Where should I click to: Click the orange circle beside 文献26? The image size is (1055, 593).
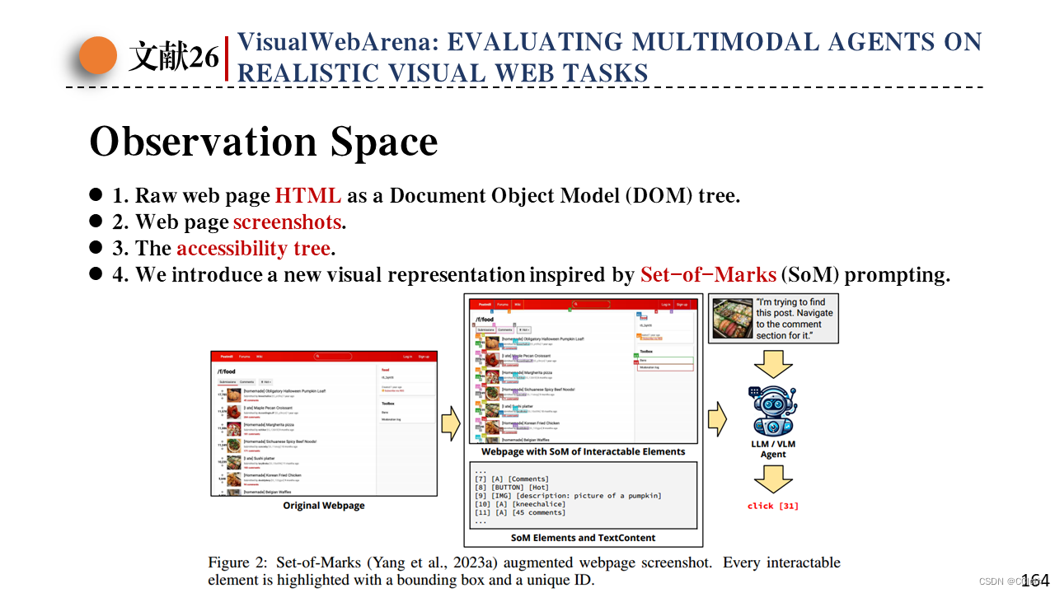pyautogui.click(x=98, y=57)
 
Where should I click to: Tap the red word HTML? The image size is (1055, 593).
pyautogui.click(x=307, y=196)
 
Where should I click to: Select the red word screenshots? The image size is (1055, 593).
pyautogui.click(x=287, y=222)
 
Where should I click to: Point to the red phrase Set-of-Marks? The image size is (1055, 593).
pyautogui.click(x=708, y=275)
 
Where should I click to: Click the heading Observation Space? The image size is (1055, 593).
pyautogui.click(x=263, y=142)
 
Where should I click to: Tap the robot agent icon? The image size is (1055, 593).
pyautogui.click(x=772, y=411)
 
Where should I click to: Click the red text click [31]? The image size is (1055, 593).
pyautogui.click(x=772, y=506)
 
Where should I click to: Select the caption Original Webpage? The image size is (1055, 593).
pyautogui.click(x=324, y=506)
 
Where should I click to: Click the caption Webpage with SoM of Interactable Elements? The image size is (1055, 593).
pyautogui.click(x=583, y=451)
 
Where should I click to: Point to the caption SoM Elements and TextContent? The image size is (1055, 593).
pyautogui.click(x=583, y=538)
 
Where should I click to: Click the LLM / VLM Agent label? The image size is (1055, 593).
pyautogui.click(x=773, y=449)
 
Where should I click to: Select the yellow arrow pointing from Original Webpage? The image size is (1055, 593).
pyautogui.click(x=450, y=423)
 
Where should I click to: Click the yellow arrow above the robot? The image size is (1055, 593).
pyautogui.click(x=772, y=362)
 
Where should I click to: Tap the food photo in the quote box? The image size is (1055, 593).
pyautogui.click(x=731, y=319)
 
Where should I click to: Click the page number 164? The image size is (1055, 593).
pyautogui.click(x=1035, y=581)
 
